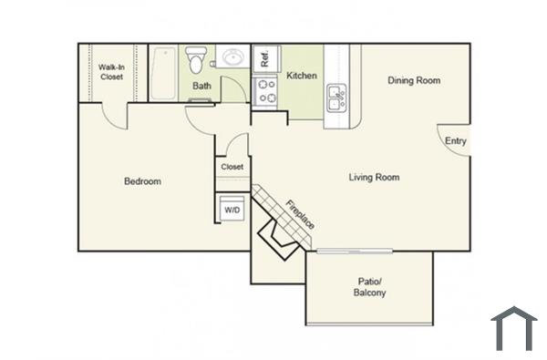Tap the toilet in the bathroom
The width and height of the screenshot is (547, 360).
tap(195, 60)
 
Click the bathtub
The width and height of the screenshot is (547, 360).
tap(165, 73)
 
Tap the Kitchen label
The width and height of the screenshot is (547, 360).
tap(302, 76)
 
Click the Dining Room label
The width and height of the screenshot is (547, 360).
tap(414, 81)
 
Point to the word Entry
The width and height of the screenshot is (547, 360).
tap(455, 141)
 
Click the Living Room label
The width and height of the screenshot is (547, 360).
tap(374, 177)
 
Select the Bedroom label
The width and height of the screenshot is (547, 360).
tap(142, 181)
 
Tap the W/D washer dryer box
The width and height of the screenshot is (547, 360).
tap(232, 211)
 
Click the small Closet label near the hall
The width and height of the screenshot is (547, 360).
tap(232, 167)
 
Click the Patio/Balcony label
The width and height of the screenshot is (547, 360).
tap(369, 287)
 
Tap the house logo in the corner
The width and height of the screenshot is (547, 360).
tap(513, 329)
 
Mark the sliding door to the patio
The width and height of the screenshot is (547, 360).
tap(354, 251)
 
